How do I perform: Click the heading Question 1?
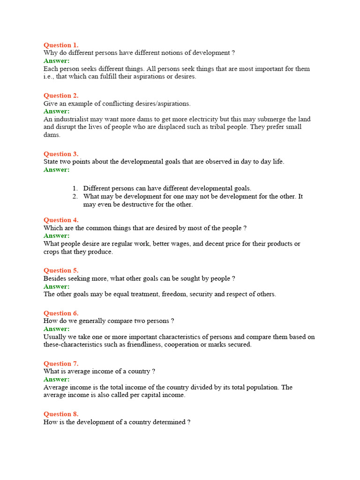click(x=61, y=45)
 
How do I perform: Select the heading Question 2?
click(x=61, y=96)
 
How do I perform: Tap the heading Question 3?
click(x=61, y=154)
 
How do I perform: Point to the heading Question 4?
click(x=61, y=220)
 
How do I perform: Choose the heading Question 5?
click(x=61, y=270)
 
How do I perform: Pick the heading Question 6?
click(x=61, y=313)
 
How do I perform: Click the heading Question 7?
click(x=61, y=364)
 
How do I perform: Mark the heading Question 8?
click(x=61, y=414)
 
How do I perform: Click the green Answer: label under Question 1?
click(x=56, y=61)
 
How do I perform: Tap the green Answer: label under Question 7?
click(x=56, y=379)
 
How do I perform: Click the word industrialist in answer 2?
click(x=70, y=120)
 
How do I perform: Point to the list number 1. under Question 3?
click(x=75, y=188)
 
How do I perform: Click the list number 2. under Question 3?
click(x=75, y=196)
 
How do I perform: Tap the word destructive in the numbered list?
click(x=140, y=204)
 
